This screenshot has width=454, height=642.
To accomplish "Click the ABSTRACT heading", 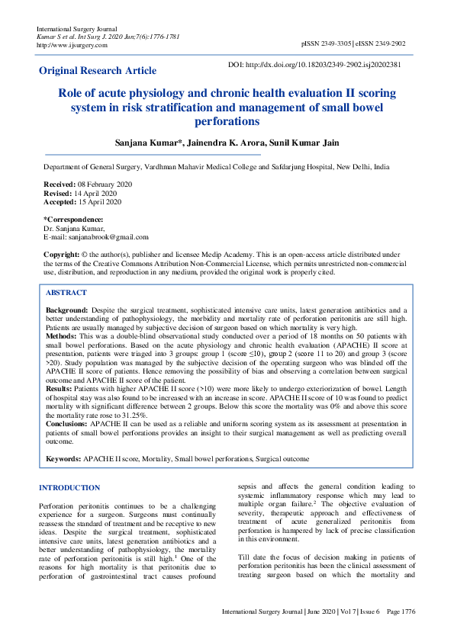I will coord(66,292).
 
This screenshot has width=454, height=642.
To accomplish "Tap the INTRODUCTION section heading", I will coord(69,487).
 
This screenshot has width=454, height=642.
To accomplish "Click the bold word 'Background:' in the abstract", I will coord(66,311).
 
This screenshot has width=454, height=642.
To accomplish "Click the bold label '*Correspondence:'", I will coord(73,220).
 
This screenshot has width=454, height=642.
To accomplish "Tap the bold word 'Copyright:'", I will coord(61,254).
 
